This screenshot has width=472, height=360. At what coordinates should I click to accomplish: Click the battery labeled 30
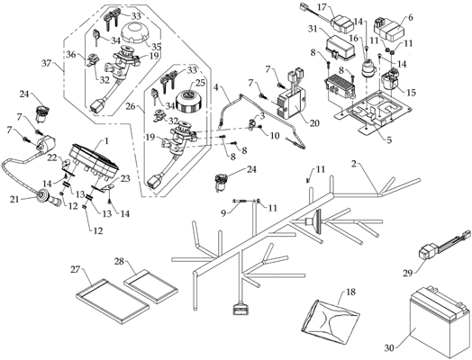[x=439, y=323]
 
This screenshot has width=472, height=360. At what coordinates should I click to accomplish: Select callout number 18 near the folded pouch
[x=350, y=292]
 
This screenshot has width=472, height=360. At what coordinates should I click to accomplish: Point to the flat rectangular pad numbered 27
[x=113, y=301]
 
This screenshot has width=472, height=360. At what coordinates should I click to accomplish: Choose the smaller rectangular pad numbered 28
[x=151, y=285]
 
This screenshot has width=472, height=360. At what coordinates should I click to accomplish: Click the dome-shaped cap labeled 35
[x=135, y=34]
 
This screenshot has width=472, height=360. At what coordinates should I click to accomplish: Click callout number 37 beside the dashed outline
[x=47, y=64]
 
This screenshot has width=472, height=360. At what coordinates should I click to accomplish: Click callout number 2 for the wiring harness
[x=354, y=164]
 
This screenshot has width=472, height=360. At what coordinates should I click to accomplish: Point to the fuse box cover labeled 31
[x=341, y=45]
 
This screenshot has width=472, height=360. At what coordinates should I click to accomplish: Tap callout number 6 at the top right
[x=410, y=17]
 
